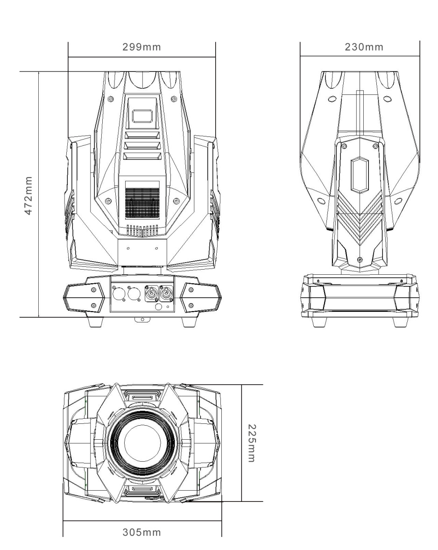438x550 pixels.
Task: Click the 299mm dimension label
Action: click(x=141, y=47)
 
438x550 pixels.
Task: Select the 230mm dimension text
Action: click(x=364, y=47)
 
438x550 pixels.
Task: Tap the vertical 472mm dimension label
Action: click(x=28, y=195)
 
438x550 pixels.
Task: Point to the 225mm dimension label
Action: click(x=252, y=443)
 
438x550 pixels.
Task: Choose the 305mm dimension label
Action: click(x=141, y=532)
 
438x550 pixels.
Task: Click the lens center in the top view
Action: click(x=142, y=443)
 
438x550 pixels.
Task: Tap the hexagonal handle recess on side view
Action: click(x=360, y=175)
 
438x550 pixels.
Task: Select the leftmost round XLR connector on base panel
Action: click(x=117, y=293)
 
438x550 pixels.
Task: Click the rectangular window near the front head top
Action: click(x=142, y=116)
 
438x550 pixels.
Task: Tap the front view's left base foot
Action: click(x=96, y=321)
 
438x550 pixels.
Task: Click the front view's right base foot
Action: click(x=189, y=321)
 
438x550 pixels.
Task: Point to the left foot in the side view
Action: click(x=319, y=322)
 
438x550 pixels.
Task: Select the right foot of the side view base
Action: click(x=400, y=322)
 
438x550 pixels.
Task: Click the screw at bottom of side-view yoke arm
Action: click(x=360, y=259)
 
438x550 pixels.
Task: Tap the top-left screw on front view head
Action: click(x=111, y=99)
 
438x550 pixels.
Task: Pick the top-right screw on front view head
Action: click(x=173, y=99)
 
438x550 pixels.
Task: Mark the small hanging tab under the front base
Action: click(x=142, y=319)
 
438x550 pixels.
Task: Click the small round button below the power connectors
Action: click(x=158, y=307)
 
